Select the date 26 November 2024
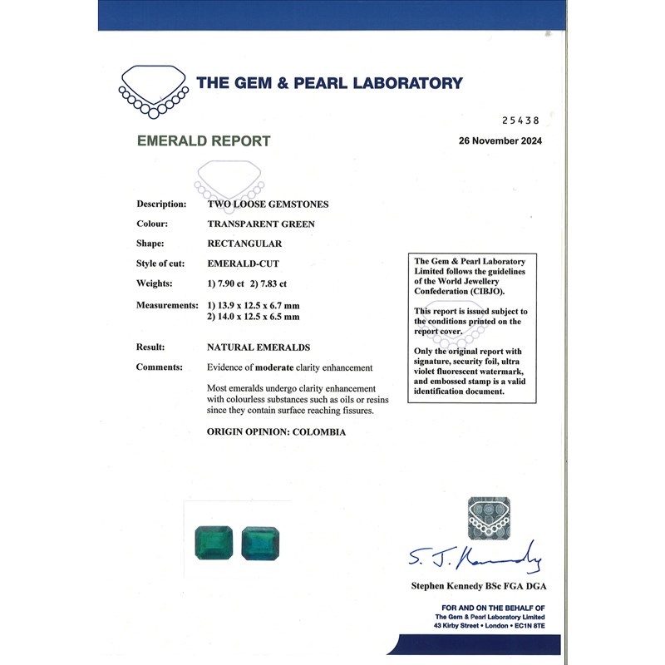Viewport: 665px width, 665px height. (500, 140)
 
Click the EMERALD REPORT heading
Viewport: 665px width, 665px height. (204, 141)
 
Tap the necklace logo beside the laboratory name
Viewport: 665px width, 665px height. (152, 90)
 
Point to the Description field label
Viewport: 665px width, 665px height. (161, 204)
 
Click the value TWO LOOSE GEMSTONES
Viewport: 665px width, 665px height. (267, 204)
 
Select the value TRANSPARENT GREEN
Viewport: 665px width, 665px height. (260, 224)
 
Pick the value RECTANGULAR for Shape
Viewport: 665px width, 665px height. (244, 244)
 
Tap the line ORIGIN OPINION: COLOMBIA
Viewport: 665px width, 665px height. (276, 432)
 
